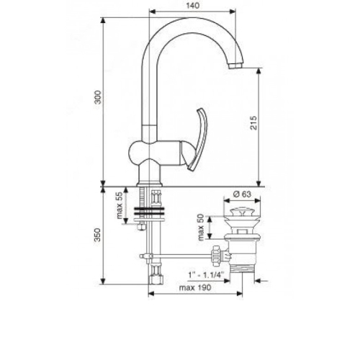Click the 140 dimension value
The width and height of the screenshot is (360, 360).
193,6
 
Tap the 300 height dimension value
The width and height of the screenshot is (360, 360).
98,97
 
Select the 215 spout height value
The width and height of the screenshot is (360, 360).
253,123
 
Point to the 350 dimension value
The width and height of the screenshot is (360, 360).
97,235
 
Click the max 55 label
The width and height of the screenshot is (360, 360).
120,206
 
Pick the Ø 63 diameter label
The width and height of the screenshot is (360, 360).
242,194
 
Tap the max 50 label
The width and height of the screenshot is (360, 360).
201,228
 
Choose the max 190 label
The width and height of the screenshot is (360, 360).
195,287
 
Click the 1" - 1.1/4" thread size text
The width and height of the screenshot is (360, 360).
206,275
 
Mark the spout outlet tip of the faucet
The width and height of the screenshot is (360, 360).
235,66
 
